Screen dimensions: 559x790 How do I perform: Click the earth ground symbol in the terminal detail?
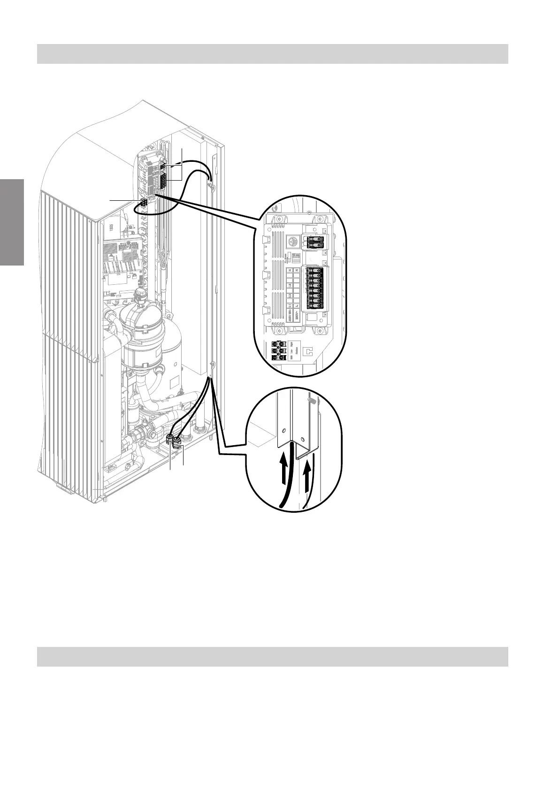pyautogui.click(x=291, y=244)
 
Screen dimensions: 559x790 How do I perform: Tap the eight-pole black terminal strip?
pyautogui.click(x=315, y=287)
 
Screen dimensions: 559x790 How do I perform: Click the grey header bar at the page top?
pyautogui.click(x=272, y=53)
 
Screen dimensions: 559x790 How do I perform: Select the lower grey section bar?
pyautogui.click(x=272, y=656)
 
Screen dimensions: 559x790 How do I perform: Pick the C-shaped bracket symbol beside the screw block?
pyautogui.click(x=308, y=351)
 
